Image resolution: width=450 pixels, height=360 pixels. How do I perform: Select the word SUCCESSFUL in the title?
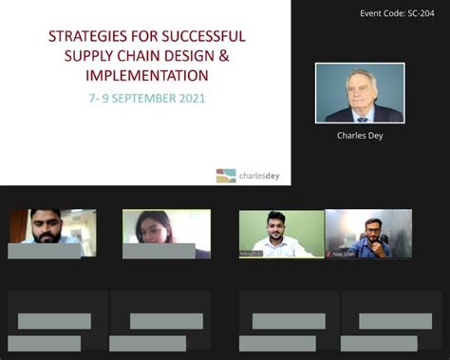coord(202,37)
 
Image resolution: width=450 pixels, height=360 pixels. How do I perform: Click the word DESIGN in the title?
coord(201,56)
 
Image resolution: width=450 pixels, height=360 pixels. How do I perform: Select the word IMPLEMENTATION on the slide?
coord(146,75)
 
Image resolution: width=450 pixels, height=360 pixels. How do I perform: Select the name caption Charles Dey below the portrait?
coord(359,136)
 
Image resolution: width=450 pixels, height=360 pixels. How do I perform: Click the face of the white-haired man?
coord(360,91)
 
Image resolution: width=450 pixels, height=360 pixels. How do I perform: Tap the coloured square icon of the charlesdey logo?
coord(225,175)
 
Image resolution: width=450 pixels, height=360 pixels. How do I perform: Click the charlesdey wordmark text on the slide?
coord(261,175)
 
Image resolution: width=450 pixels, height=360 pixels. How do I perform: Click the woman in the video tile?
coord(157,231)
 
